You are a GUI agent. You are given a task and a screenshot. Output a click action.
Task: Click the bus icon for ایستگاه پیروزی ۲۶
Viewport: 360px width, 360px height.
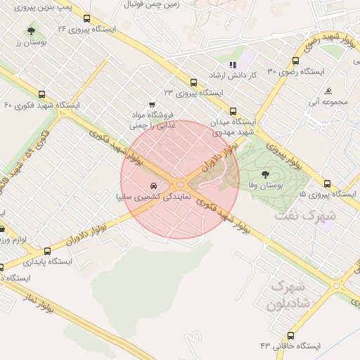click(x=86, y=20)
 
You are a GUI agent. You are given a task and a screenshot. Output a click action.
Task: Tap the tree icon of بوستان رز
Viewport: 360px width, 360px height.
click(x=32, y=30)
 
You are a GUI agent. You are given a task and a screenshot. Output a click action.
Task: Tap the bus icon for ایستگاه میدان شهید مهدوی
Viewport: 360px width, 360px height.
click(x=233, y=111)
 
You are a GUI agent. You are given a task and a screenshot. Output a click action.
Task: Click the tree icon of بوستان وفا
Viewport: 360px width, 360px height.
click(x=265, y=173)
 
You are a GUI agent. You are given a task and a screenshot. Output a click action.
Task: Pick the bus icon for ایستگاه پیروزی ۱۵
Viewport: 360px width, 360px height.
click(x=326, y=184)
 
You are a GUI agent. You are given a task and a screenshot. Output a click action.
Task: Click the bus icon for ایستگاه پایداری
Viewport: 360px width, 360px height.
click(x=48, y=251)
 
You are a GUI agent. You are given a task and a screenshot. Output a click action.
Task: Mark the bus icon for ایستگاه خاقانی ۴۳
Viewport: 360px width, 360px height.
click(x=291, y=336)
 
